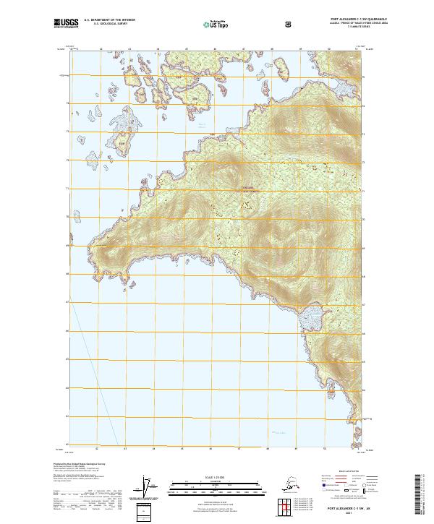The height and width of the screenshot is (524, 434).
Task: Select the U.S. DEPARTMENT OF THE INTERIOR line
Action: pos(111,21)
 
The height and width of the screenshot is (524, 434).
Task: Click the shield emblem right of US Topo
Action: pos(289,24)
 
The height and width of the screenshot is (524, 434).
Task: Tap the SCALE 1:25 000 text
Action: pos(216,476)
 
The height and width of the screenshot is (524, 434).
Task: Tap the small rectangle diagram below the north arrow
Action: pos(146,510)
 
